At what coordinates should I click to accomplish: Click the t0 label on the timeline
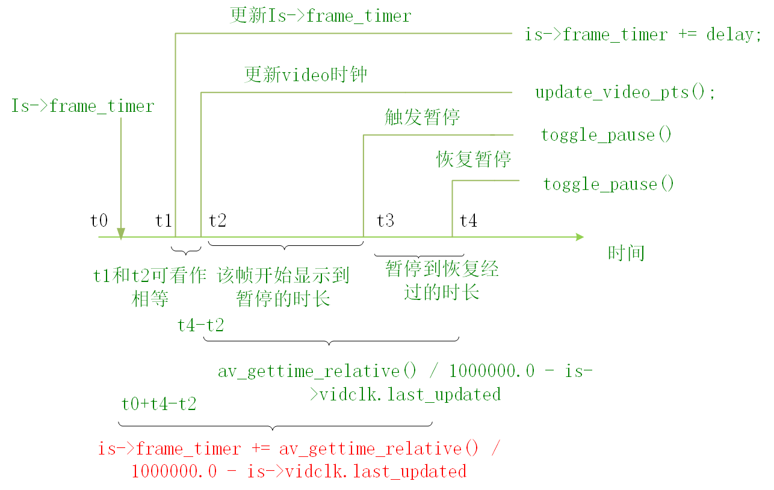pos(99,221)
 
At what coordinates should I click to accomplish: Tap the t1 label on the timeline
pos(163,221)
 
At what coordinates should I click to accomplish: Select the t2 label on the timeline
pos(217,221)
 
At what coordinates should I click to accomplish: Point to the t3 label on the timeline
pos(385,221)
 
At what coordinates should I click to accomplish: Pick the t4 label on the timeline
pos(468,221)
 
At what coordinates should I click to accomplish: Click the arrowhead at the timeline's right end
pos(579,237)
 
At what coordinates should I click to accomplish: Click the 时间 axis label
pos(626,253)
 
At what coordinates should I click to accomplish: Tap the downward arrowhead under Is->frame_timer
pos(121,233)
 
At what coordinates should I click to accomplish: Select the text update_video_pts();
pos(625,93)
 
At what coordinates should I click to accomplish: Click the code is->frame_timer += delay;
pos(639,35)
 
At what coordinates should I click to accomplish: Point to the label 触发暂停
pos(422,117)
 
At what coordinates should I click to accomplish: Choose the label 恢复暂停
pos(474,159)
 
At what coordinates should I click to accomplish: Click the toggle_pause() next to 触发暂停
pos(606,135)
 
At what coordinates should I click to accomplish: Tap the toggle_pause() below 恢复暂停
pos(608,184)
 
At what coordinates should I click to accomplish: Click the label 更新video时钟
pos(306,75)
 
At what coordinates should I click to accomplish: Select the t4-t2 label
pos(200,325)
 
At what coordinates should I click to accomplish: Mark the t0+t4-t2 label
pos(159,403)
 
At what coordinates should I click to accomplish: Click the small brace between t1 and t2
pos(186,252)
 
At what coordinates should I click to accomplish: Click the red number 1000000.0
pos(174,471)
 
